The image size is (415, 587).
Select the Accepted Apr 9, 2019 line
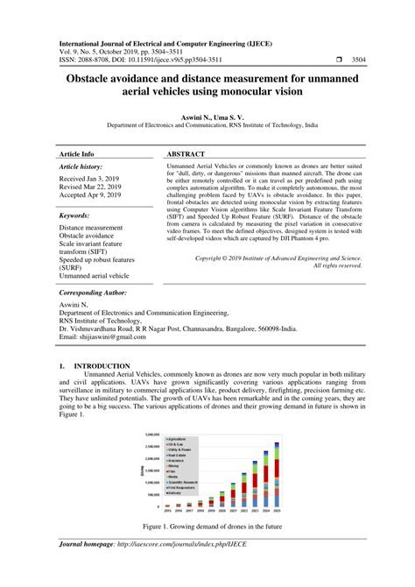[90, 197]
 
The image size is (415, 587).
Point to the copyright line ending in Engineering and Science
[278, 259]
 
